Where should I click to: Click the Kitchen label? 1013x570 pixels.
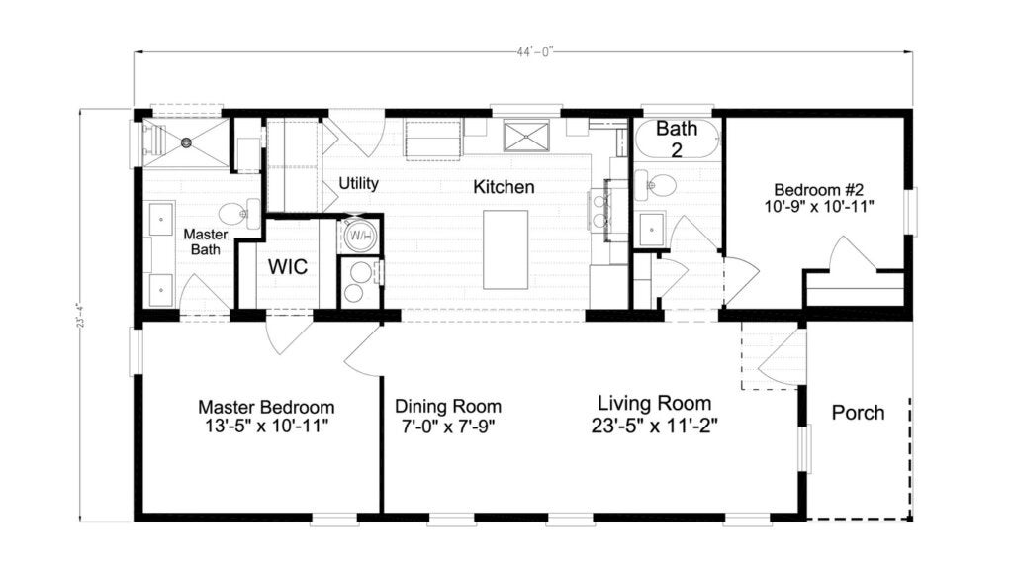pyautogui.click(x=503, y=187)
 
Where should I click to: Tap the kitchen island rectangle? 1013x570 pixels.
pyautogui.click(x=506, y=249)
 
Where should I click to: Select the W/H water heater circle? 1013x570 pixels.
pyautogui.click(x=357, y=236)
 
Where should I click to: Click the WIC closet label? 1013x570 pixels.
pyautogui.click(x=288, y=267)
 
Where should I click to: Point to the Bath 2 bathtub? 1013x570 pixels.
pyautogui.click(x=677, y=139)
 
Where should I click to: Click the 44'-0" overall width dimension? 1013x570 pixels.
pyautogui.click(x=524, y=53)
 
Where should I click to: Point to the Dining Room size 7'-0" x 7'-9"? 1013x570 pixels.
pyautogui.click(x=447, y=425)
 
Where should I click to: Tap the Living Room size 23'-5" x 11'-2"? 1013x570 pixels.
pyautogui.click(x=655, y=425)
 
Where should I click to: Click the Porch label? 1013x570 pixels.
pyautogui.click(x=858, y=413)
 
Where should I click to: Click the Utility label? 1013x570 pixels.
pyautogui.click(x=359, y=184)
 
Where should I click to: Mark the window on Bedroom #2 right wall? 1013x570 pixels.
pyautogui.click(x=910, y=212)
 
